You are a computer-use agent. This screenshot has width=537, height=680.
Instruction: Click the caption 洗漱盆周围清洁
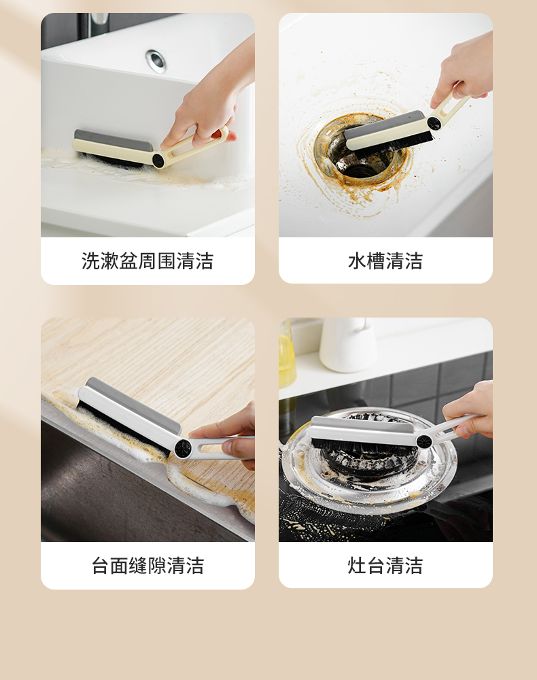pos(148,261)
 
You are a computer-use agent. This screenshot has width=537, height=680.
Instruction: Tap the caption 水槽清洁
pos(385,261)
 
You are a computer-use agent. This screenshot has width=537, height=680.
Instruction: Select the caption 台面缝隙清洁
pos(148,566)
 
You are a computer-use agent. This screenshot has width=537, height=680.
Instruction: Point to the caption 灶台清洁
pos(385,566)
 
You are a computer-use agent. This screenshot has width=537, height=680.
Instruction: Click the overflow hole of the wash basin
pos(156,60)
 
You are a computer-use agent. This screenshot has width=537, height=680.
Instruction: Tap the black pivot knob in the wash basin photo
pos(158,161)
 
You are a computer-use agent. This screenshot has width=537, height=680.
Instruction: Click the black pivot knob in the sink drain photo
pos(434,124)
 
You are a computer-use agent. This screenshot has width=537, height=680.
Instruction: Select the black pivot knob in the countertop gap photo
pos(182,448)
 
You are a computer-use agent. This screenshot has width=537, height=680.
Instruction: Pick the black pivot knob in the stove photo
pos(423,441)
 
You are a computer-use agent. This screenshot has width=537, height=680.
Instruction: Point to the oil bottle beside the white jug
pos(286,354)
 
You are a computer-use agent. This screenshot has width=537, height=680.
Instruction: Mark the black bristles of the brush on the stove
pos(364,444)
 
